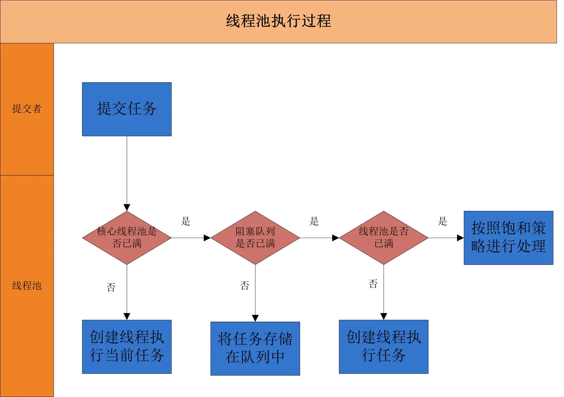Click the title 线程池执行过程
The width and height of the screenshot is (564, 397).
(278, 21)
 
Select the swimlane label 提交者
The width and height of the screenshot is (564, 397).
(27, 109)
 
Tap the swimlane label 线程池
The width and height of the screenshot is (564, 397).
(27, 286)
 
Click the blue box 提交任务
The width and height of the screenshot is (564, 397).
(127, 109)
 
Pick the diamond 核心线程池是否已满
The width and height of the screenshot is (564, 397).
(127, 238)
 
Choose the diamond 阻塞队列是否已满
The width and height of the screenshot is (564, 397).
(255, 238)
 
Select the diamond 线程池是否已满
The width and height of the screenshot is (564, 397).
(384, 238)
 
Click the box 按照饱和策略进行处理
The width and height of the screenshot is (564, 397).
(508, 238)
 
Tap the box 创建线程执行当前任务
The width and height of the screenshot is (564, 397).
(127, 347)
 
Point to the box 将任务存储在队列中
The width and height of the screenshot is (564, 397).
(255, 348)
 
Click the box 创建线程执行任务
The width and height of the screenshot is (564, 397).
(384, 347)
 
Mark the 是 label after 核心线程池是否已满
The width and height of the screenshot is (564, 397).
(186, 221)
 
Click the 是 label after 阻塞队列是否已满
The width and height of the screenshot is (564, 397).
(314, 221)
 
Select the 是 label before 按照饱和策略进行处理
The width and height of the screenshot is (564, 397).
(443, 221)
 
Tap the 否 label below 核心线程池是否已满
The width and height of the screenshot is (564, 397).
(111, 287)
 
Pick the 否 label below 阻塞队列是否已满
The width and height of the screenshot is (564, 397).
(245, 286)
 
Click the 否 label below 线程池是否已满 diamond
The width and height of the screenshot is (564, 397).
(373, 284)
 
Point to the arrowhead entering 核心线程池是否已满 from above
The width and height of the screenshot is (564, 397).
(127, 208)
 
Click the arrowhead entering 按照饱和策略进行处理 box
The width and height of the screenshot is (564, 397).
(460, 238)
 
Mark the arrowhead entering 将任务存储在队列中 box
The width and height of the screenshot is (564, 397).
(255, 318)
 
